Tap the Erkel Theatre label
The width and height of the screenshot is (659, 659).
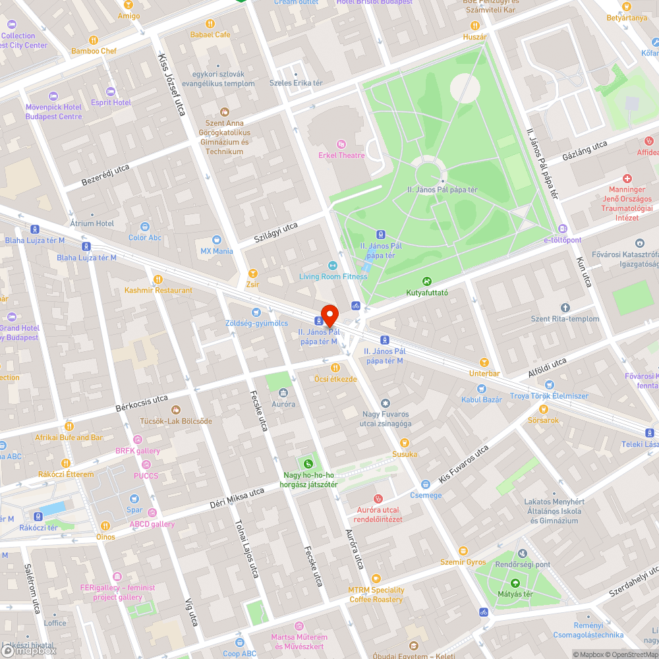341,155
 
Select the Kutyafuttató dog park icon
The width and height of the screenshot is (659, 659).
427,281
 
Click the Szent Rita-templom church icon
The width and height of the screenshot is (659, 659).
565,308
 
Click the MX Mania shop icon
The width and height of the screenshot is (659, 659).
217,241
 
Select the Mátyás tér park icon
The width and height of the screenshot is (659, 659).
515,583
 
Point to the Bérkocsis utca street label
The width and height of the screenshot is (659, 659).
142,403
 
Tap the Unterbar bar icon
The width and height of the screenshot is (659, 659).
485,362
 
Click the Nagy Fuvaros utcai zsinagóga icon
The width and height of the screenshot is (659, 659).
386,403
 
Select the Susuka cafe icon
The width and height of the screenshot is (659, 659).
405,443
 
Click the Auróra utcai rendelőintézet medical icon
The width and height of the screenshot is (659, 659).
378,499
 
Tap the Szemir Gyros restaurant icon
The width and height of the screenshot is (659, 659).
463,551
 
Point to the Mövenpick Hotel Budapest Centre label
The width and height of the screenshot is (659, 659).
54,112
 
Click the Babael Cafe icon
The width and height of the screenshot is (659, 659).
210,24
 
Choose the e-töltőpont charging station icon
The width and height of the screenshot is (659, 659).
562,229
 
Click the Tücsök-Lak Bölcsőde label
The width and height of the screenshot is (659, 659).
176,420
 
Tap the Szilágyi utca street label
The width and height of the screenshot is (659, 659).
276,234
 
